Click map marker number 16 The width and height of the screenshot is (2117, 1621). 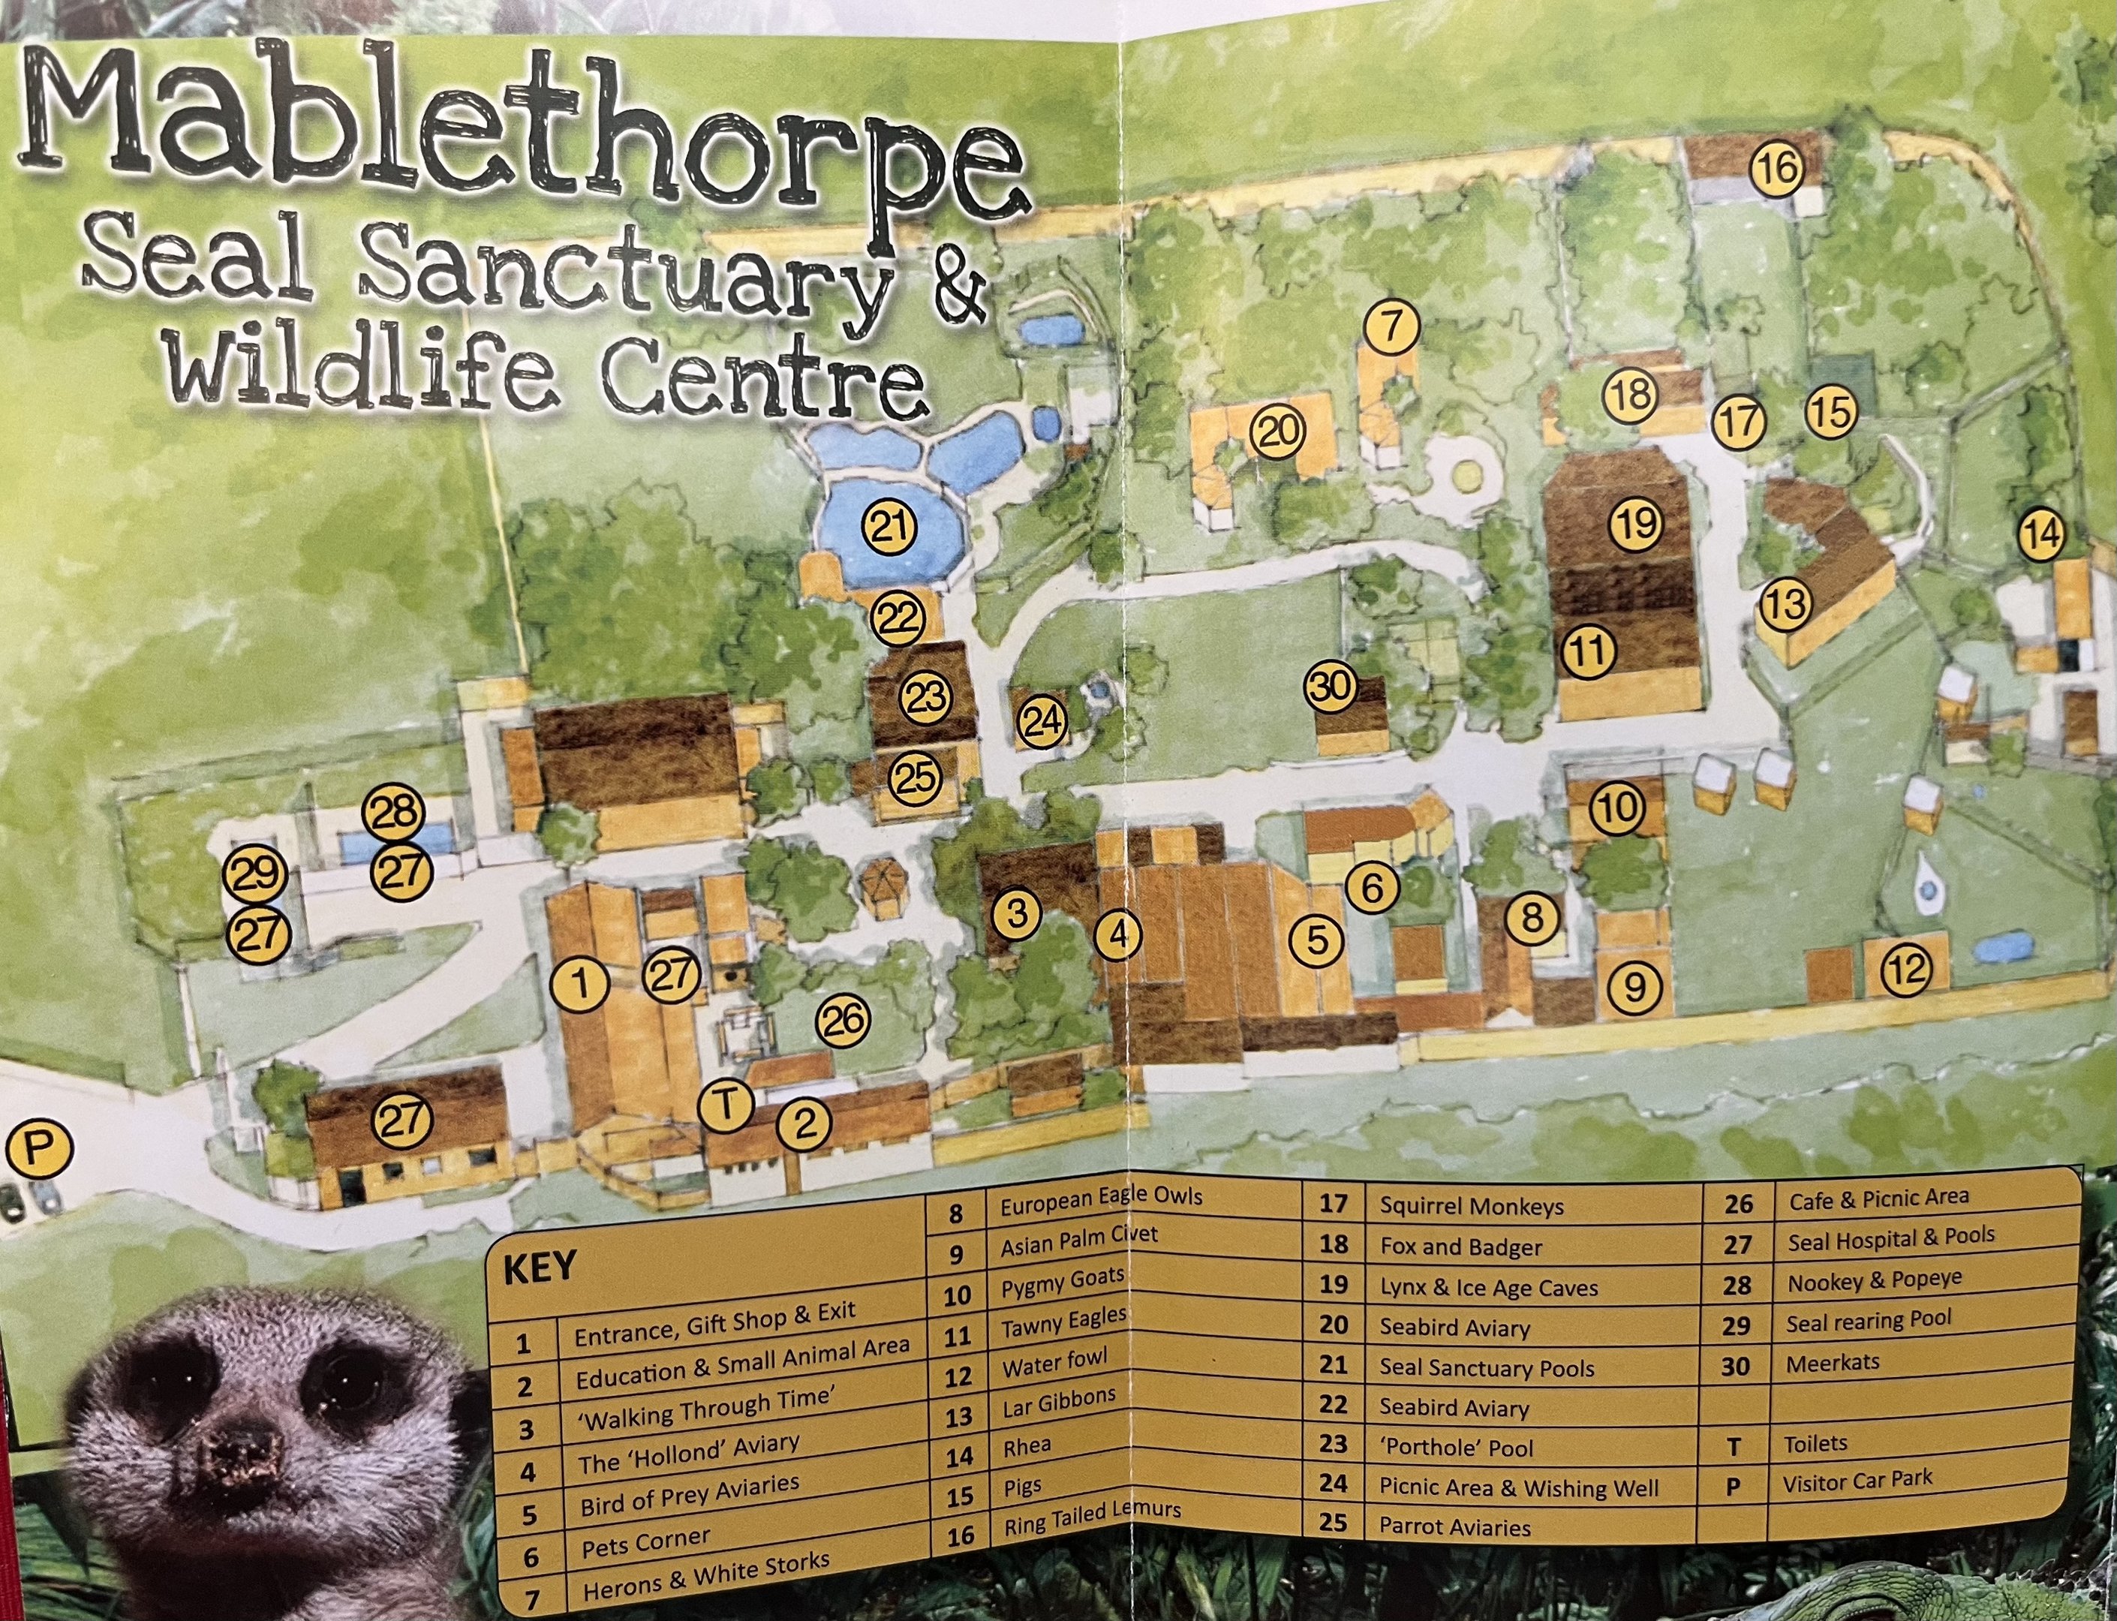[1777, 169]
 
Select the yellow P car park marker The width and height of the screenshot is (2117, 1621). [38, 1148]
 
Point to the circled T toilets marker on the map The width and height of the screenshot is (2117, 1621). [726, 1105]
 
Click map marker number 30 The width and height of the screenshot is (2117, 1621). [1331, 687]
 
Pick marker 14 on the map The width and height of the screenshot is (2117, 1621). [2042, 534]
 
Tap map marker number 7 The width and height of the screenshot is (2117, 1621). [1391, 327]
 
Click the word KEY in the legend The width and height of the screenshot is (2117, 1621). [540, 1267]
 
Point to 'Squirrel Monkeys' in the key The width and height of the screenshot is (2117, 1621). [1471, 1206]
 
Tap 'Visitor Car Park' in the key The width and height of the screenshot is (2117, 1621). [1857, 1479]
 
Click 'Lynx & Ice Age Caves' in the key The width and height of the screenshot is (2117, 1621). [1488, 1287]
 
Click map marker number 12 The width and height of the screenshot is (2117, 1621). [1907, 969]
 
